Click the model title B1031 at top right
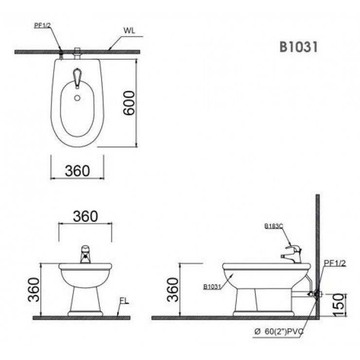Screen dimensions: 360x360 pos(299,47)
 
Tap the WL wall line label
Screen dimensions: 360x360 pos(129,30)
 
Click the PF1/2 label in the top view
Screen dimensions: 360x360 pos(42,25)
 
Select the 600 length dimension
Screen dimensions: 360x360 pos(128,103)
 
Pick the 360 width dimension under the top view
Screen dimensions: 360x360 pos(77,171)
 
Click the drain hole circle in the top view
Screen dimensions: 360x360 pos(77,98)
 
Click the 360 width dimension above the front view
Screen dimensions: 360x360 pos(86,216)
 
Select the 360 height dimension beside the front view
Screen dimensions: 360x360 pos(34,290)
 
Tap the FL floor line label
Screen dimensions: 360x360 pos(124,301)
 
